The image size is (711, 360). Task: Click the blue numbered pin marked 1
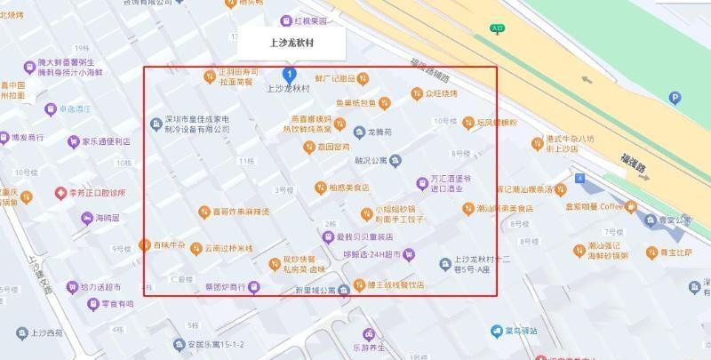(x=289, y=75)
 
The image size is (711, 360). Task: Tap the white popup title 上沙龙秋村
(x=292, y=43)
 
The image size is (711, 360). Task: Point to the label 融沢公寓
(x=371, y=161)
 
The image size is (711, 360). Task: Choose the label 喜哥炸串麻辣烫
(x=241, y=212)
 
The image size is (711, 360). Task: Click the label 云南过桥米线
(x=228, y=248)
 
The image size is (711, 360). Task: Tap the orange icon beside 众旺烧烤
(x=416, y=93)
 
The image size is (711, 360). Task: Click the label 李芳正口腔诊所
(x=98, y=192)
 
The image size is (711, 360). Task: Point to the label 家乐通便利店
(x=106, y=140)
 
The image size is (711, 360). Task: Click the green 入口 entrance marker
(x=498, y=28)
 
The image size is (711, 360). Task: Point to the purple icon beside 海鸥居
(x=87, y=218)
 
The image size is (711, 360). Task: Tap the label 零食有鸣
(x=116, y=304)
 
